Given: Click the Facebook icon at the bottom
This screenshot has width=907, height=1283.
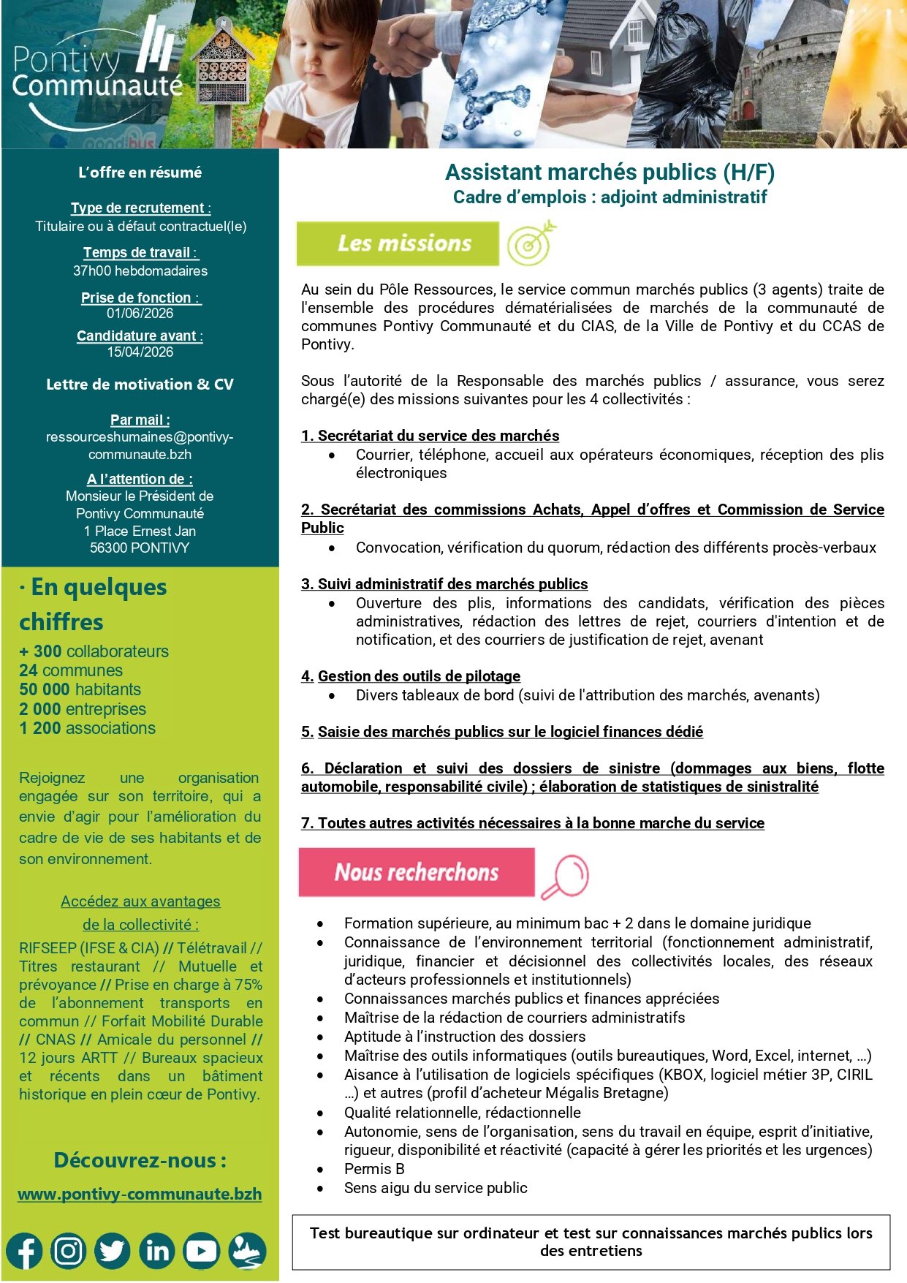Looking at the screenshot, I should (25, 1251).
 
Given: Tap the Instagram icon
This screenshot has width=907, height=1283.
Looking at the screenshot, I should (69, 1251).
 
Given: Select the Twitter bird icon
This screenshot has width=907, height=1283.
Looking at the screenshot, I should (113, 1251).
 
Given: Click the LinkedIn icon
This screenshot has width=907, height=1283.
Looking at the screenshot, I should (157, 1251).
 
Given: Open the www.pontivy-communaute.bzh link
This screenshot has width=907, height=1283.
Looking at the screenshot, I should (140, 1194).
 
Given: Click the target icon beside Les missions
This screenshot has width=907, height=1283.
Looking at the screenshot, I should (531, 244).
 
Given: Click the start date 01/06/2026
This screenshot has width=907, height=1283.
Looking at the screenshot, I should (140, 314).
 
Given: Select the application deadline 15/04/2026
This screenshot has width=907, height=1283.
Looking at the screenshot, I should (140, 352).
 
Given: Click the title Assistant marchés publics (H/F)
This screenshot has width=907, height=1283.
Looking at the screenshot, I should (610, 173).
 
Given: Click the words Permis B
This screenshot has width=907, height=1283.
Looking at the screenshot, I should (374, 1169).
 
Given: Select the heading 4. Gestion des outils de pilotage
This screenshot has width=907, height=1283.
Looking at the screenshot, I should (411, 676).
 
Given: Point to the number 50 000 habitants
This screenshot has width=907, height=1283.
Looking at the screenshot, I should (80, 689).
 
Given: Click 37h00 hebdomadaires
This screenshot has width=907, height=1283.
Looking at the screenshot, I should (140, 271).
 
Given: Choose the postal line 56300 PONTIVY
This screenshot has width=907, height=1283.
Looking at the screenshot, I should (140, 548).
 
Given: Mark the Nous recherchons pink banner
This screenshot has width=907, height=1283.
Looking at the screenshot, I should (416, 872).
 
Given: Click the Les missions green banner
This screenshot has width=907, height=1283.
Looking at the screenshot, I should (398, 243).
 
